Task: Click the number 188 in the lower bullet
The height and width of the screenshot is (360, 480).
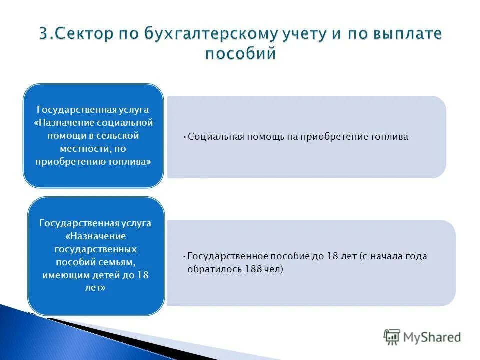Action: [253, 269]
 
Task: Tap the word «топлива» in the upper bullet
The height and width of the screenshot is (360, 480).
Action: [390, 136]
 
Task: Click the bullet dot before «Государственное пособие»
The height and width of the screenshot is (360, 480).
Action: [185, 256]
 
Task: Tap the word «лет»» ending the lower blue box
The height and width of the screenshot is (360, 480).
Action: [95, 288]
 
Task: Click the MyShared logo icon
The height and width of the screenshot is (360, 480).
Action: [392, 337]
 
